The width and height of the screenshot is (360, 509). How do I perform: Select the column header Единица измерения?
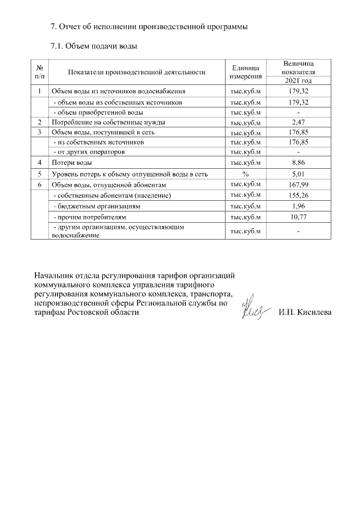[x=245, y=72]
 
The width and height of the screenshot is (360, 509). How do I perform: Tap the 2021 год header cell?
[x=298, y=81]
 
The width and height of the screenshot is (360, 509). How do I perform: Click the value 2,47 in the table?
[x=298, y=121]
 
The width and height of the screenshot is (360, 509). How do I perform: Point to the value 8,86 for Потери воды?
[x=298, y=163]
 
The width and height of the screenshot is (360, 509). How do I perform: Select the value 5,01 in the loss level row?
[x=298, y=174]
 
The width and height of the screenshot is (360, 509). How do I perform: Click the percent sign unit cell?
[x=245, y=174]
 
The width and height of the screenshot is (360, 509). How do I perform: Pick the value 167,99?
[x=298, y=184]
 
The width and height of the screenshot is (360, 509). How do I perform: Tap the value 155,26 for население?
[x=298, y=195]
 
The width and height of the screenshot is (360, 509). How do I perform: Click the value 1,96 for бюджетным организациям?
[x=298, y=206]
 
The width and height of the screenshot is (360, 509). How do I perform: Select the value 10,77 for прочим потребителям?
[x=298, y=217]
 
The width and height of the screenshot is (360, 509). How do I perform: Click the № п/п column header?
[x=40, y=72]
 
